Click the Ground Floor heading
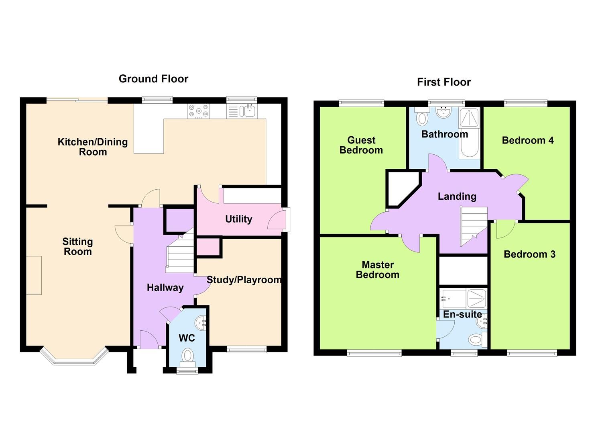point(153,79)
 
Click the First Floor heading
point(443,82)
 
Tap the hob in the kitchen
point(199,111)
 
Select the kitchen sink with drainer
point(242,111)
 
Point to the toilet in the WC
point(187,356)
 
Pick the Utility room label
point(238,219)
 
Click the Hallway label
point(165,287)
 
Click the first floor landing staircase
point(473,225)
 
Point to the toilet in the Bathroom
point(422,117)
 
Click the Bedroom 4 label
point(527,140)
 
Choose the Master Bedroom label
point(377,270)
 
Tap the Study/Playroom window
point(246,349)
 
